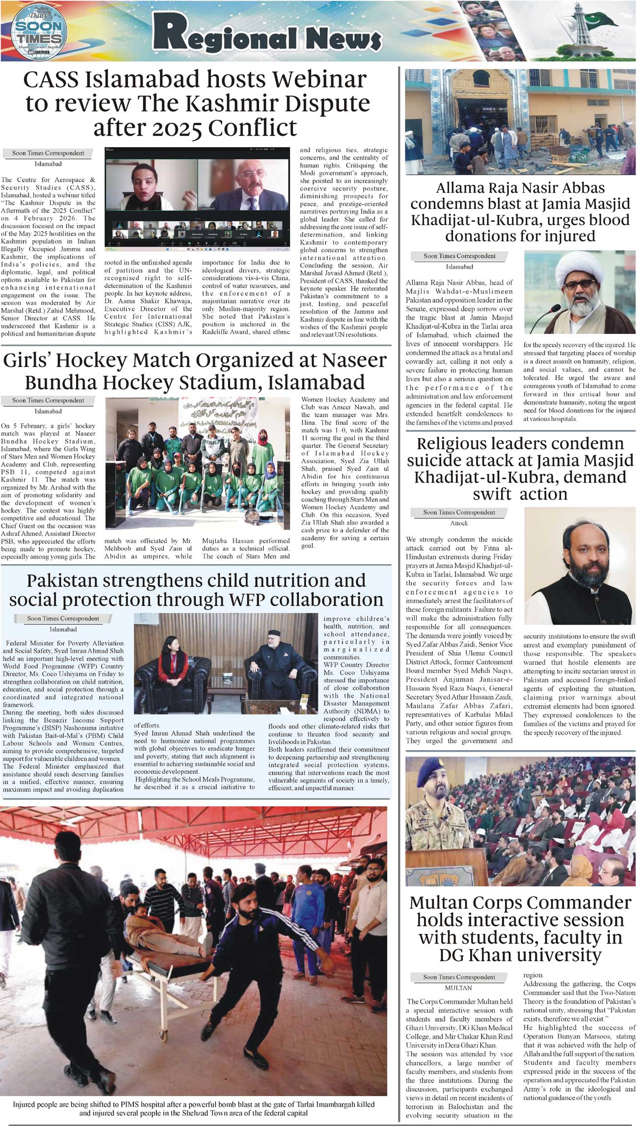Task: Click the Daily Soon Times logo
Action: tap(38, 31)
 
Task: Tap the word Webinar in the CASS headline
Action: tap(320, 80)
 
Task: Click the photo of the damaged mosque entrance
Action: tap(520, 122)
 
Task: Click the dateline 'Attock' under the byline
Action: tap(459, 523)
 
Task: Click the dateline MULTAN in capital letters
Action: tap(458, 988)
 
